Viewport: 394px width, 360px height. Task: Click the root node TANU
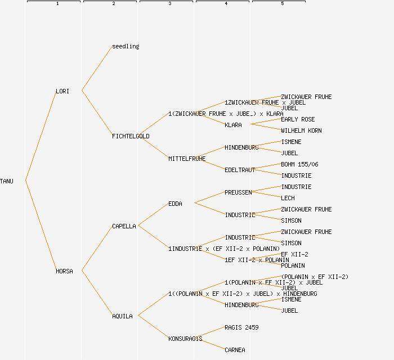coord(7,181)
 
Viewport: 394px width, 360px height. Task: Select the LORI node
coord(62,91)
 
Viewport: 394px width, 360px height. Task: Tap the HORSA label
coord(64,271)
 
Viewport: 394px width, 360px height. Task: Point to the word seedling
coord(126,46)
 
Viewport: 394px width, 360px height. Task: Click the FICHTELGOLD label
coord(131,136)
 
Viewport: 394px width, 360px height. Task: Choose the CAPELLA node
coord(124,226)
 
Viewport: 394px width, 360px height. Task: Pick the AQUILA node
coord(122,316)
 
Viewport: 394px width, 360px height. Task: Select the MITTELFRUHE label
coord(187,159)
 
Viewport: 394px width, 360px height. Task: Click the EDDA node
coord(175,204)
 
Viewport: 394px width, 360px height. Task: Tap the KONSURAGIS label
coord(185,339)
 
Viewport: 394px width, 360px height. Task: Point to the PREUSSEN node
coord(238,192)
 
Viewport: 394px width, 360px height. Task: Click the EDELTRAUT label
coord(240,170)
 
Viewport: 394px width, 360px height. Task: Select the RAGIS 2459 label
coord(241,327)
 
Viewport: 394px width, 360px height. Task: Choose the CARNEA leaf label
coord(235,350)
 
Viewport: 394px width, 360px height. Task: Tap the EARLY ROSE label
coord(298,119)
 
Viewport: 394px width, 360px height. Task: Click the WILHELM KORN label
coord(301,130)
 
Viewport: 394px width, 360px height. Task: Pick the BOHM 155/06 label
coord(299,164)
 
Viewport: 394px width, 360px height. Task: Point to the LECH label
coord(288,198)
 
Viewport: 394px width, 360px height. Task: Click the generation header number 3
coord(169,4)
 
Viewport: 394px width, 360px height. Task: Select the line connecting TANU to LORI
coord(41,136)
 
